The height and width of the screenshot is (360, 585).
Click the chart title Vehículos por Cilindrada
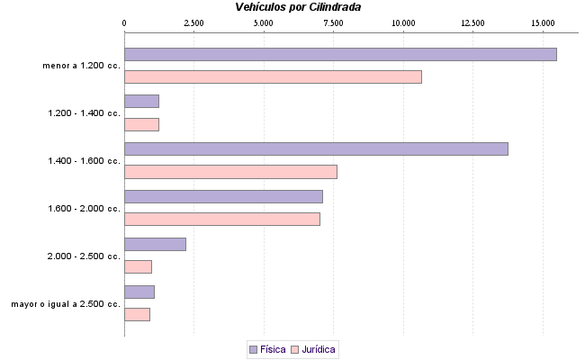click(x=298, y=7)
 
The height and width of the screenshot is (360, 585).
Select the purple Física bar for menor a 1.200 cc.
click(x=340, y=54)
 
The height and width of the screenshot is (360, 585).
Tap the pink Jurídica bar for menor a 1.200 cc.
click(x=273, y=77)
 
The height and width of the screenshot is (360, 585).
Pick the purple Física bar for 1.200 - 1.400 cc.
click(x=141, y=101)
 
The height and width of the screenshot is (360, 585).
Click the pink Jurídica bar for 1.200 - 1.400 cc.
click(x=141, y=124)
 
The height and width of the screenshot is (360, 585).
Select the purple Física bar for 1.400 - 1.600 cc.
click(x=316, y=148)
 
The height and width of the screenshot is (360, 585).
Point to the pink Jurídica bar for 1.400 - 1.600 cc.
click(x=230, y=172)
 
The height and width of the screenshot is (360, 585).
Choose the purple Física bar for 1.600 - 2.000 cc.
click(x=223, y=196)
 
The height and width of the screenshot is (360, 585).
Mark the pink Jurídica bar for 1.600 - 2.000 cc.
click(x=222, y=219)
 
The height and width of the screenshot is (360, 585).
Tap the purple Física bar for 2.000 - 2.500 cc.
click(x=155, y=244)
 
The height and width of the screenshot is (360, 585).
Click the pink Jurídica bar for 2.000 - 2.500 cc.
click(x=138, y=266)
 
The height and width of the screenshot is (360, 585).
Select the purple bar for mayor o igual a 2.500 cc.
click(x=139, y=292)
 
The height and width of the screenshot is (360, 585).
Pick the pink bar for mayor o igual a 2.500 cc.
click(x=137, y=314)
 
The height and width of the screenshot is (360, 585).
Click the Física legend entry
click(x=266, y=348)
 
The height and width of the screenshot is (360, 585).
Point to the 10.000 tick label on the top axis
click(x=403, y=22)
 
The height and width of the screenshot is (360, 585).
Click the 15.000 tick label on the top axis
click(x=543, y=22)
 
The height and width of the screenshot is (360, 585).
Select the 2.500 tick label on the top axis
click(x=193, y=22)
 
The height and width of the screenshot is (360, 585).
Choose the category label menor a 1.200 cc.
click(x=81, y=66)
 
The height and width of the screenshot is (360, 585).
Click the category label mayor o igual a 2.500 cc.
click(x=66, y=303)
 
